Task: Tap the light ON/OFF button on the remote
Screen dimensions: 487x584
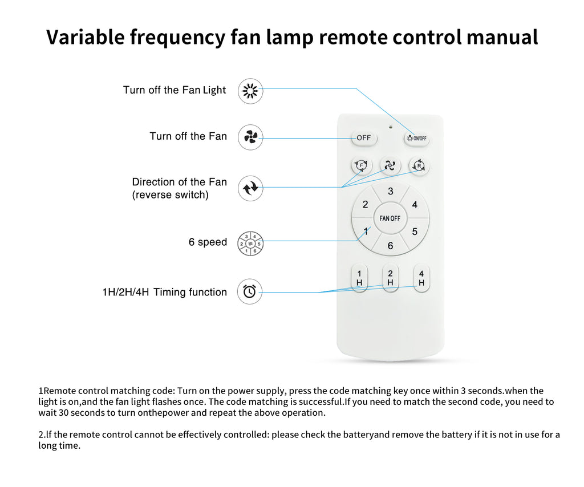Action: [417, 138]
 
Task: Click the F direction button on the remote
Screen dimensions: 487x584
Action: [360, 166]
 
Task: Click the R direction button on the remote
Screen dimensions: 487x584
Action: [419, 166]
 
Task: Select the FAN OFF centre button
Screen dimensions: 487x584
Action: [390, 218]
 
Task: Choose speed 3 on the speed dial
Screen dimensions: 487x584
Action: [390, 192]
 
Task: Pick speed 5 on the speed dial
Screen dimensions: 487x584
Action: [415, 232]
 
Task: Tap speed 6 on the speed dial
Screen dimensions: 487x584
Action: [390, 246]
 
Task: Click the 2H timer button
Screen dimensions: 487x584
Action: [390, 278]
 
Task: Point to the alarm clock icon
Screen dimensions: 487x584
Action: [250, 291]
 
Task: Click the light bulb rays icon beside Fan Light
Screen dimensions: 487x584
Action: [250, 91]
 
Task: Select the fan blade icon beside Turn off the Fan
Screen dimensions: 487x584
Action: [250, 137]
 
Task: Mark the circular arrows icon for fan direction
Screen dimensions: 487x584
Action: [250, 188]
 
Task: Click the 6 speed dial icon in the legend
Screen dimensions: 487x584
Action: [250, 243]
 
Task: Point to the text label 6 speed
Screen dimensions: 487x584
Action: [208, 242]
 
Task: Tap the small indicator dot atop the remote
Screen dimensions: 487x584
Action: [391, 126]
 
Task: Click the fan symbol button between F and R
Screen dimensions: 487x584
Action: [390, 166]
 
